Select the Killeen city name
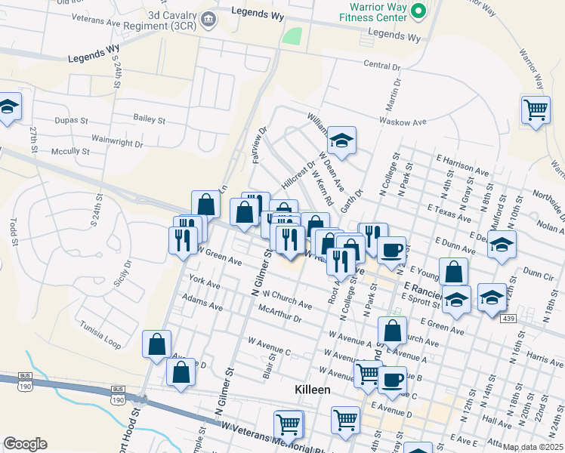312,389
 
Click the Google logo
25,444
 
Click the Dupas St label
72,119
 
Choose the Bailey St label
149,119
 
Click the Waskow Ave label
404,122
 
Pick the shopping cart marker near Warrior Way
536,110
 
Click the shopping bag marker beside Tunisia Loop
156,344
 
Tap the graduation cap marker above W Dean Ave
342,140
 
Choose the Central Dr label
381,65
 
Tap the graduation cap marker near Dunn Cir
502,245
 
